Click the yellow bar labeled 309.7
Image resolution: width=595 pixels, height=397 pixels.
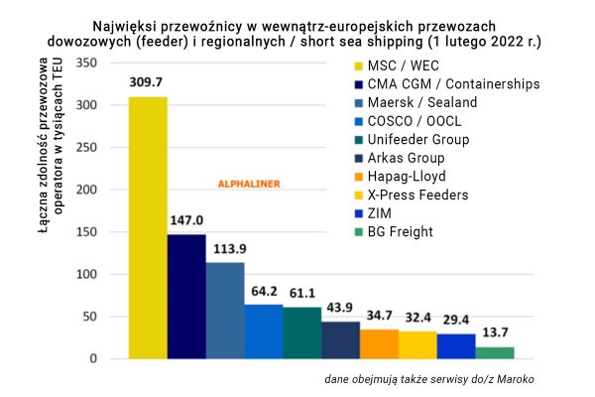click(x=148, y=227)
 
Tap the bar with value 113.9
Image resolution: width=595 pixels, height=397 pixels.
click(x=225, y=310)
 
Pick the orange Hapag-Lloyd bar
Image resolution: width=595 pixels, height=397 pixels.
click(x=379, y=343)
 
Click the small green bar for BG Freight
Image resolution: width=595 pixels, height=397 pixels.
click(x=495, y=352)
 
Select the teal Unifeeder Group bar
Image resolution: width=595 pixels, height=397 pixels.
click(x=302, y=332)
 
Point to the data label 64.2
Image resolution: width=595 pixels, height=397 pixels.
click(x=264, y=292)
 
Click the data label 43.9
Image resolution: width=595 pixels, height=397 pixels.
click(x=341, y=309)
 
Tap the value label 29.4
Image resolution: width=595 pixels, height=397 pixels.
click(x=457, y=321)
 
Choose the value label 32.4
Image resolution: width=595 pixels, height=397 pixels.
click(x=418, y=318)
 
